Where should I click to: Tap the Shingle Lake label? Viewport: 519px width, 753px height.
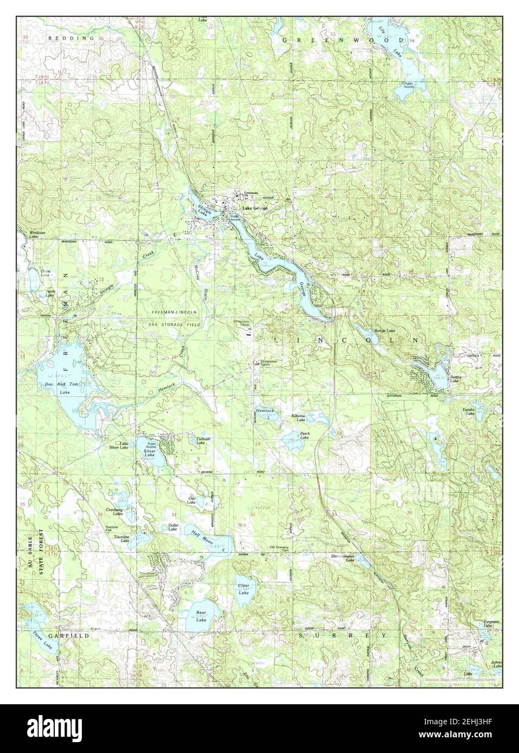click(202, 209)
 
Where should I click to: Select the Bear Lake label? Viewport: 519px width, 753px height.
click(201, 616)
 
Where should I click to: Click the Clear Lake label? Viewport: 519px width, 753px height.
click(244, 589)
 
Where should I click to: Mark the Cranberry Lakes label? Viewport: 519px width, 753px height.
click(114, 512)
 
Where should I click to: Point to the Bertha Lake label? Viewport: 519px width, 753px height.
click(454, 379)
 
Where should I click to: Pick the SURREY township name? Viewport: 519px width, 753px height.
click(342, 634)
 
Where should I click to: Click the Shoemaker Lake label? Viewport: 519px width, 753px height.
click(343, 557)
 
